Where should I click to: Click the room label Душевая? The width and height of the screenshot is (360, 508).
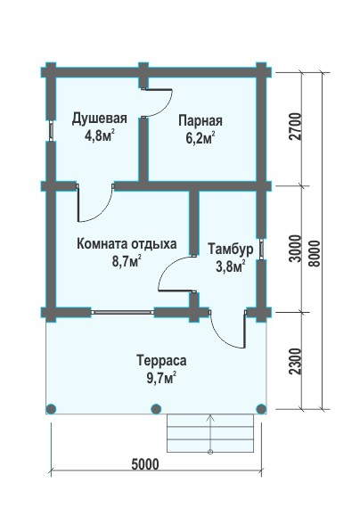tap(99, 119)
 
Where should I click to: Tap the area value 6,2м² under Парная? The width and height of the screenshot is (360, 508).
tap(200, 138)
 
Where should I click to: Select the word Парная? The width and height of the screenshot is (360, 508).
tap(200, 121)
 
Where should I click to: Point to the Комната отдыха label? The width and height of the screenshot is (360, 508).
tap(127, 244)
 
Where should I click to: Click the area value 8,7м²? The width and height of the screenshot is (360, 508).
tap(127, 261)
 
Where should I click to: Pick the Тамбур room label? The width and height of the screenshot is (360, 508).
tap(231, 250)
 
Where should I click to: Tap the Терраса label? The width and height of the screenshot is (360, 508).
tap(161, 361)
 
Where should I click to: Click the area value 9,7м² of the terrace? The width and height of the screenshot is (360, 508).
tap(161, 378)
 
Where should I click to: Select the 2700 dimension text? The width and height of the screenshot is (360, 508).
tap(296, 127)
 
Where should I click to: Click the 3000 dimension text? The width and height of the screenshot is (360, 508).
tap(296, 249)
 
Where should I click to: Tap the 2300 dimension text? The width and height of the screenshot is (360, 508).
tap(296, 362)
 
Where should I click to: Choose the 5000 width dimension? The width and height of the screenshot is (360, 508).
tap(145, 464)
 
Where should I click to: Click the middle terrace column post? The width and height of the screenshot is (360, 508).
tap(156, 409)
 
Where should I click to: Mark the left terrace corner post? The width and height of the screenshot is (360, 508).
tap(51, 409)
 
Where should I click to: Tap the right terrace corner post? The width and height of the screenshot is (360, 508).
tap(261, 409)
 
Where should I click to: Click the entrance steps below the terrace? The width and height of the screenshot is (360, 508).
tap(210, 433)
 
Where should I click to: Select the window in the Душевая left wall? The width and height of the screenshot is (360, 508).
tap(51, 130)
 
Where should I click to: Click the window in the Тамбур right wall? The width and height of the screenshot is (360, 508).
tap(261, 250)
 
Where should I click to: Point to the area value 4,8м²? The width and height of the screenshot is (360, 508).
tap(99, 136)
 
